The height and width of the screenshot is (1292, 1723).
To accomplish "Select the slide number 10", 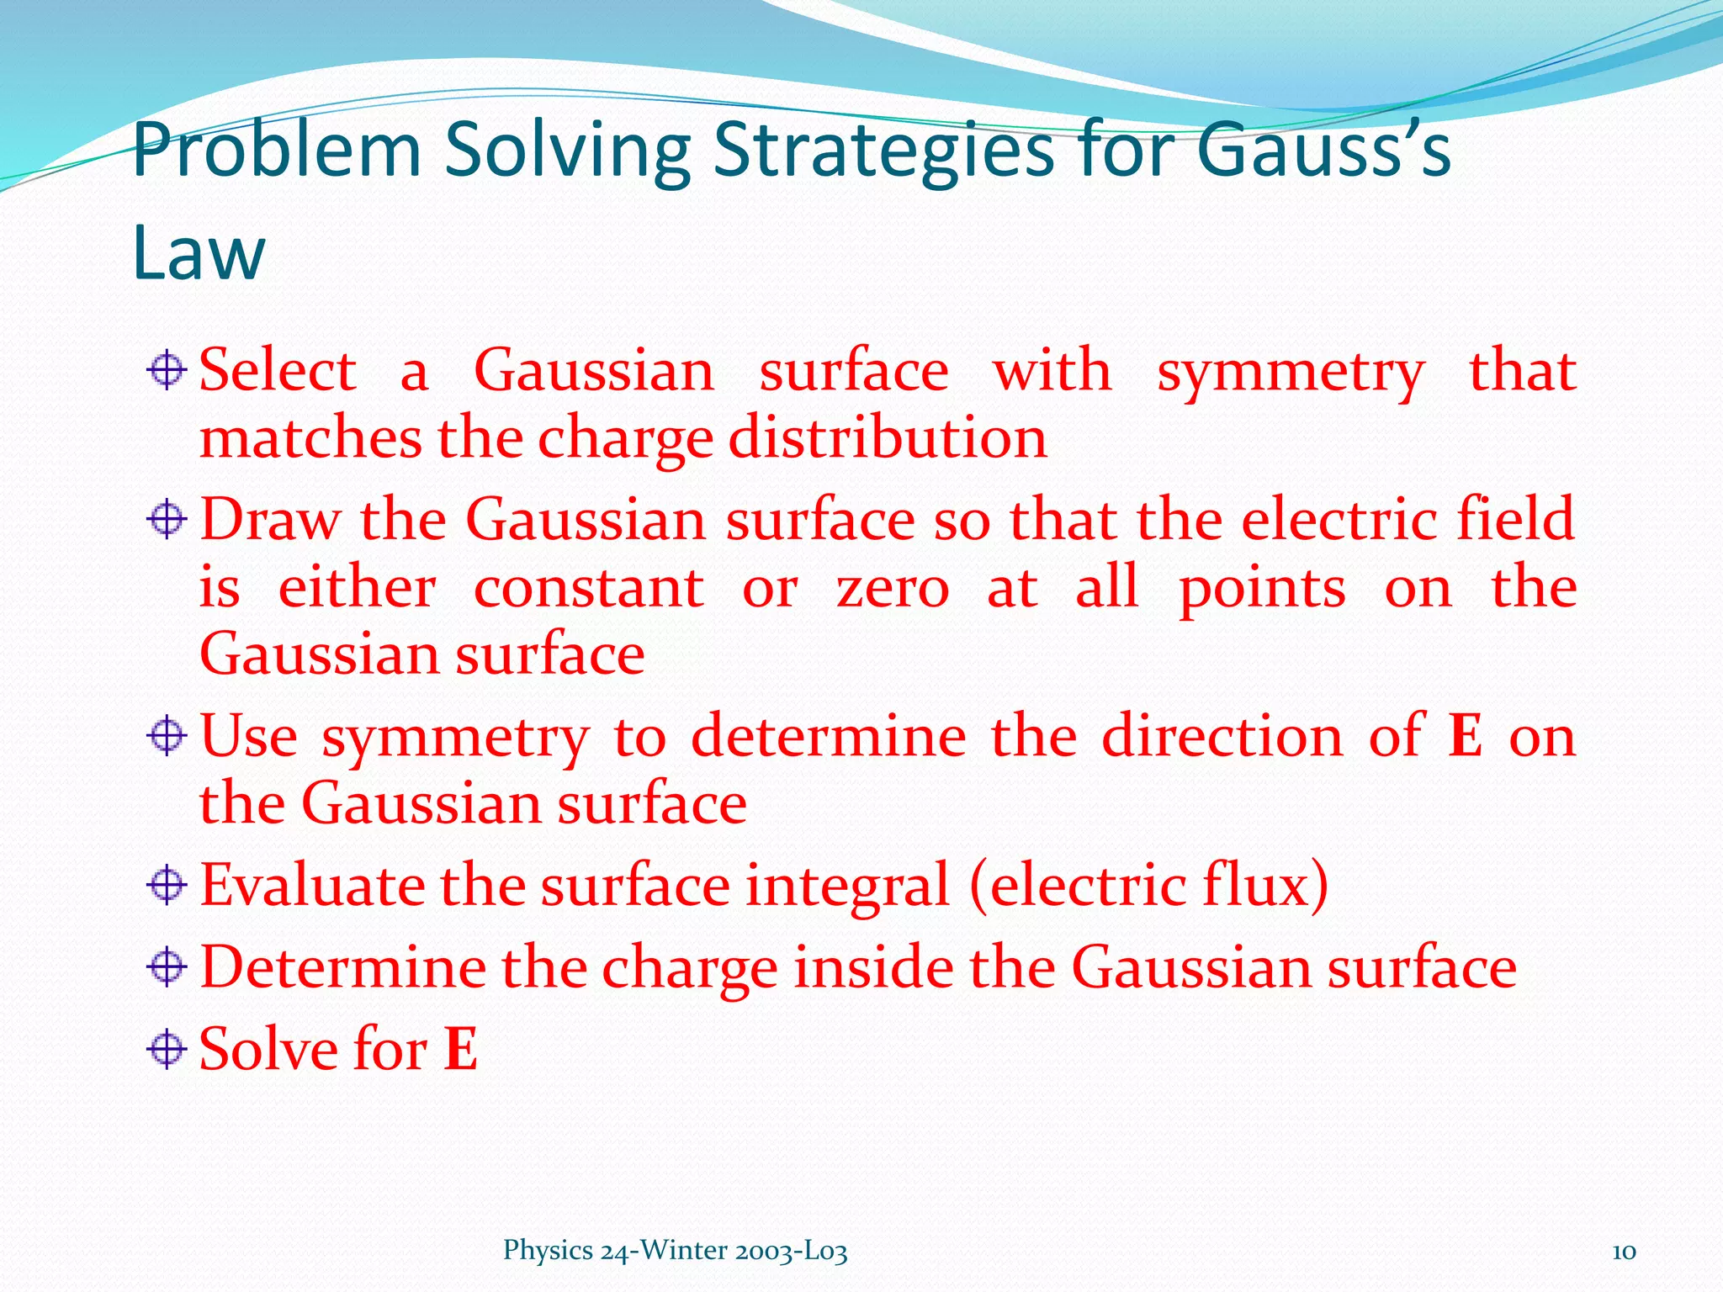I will pyautogui.click(x=1624, y=1251).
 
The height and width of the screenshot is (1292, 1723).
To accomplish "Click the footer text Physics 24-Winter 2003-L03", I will pyautogui.click(x=675, y=1251).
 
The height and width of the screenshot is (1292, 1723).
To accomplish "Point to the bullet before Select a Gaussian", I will pyautogui.click(x=167, y=370).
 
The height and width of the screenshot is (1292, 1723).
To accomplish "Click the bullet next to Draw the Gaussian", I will pyautogui.click(x=167, y=519).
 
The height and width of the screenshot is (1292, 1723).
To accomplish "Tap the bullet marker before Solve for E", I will pyautogui.click(x=167, y=1049).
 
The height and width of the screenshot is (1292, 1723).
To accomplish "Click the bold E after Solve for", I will pyautogui.click(x=461, y=1049).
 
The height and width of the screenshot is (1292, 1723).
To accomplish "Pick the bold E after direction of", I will pyautogui.click(x=1465, y=736).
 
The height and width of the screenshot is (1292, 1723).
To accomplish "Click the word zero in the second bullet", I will pyautogui.click(x=893, y=587).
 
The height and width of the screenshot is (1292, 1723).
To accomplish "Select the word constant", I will pyautogui.click(x=589, y=587).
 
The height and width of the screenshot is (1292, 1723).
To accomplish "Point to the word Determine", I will pyautogui.click(x=343, y=966).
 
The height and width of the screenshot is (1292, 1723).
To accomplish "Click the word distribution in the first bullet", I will pyautogui.click(x=888, y=438).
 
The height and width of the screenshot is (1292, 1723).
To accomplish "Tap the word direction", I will pyautogui.click(x=1222, y=736).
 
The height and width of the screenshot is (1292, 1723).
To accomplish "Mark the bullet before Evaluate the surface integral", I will pyautogui.click(x=167, y=885).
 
